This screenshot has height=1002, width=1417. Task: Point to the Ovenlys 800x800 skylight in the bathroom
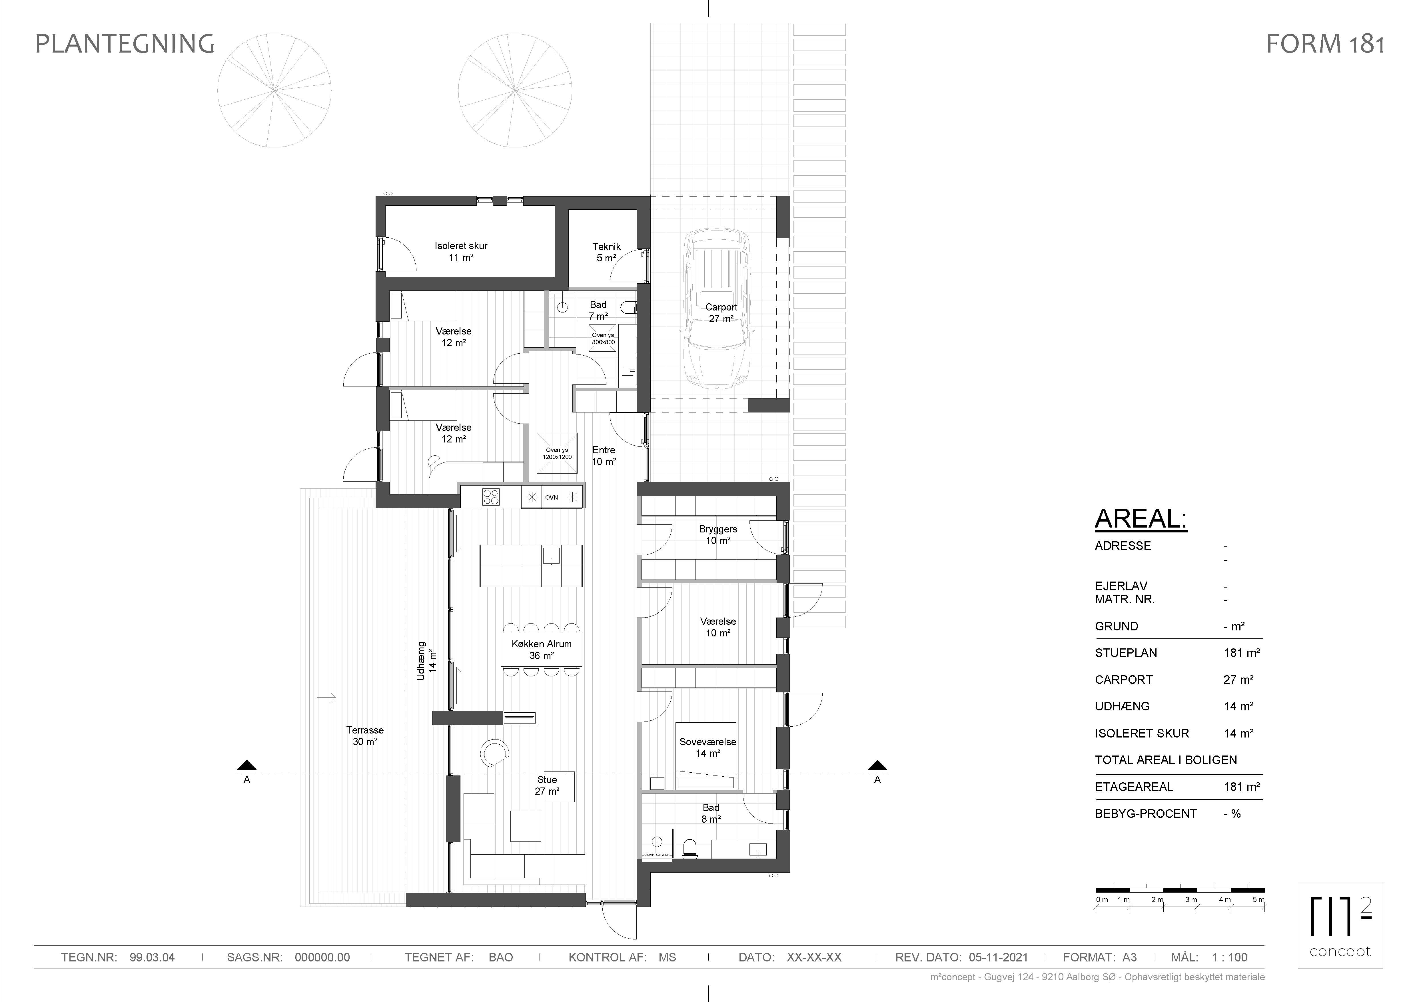coord(603,338)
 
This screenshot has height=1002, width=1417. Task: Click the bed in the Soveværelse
coord(706,755)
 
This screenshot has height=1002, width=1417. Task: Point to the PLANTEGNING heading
coord(125,44)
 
